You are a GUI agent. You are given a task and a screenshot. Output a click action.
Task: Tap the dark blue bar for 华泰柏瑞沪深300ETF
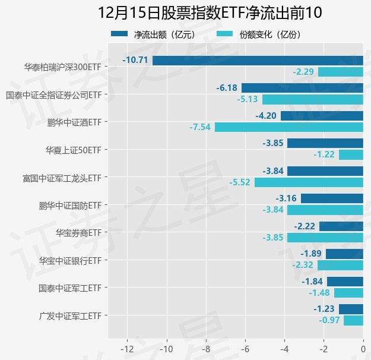258,60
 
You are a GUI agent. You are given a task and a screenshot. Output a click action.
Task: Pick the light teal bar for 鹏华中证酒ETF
288,127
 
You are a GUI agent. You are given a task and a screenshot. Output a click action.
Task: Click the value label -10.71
135,60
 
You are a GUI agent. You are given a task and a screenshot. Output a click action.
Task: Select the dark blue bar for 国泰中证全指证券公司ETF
302,88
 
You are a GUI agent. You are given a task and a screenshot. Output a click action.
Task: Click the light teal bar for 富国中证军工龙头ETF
309,182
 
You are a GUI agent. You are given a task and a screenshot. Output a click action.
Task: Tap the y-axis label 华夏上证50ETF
74,150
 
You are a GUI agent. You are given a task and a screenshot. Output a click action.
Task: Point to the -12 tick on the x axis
127,348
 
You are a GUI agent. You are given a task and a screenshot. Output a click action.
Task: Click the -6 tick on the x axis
245,348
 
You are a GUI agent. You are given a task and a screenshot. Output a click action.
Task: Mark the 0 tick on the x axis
363,348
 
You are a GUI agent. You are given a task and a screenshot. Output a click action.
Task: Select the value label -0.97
330,321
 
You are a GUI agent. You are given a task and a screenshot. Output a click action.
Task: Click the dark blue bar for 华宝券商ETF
341,226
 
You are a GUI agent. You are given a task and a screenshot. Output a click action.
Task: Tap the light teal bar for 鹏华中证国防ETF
325,210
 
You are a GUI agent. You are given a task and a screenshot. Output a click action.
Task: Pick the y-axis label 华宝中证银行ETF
70,260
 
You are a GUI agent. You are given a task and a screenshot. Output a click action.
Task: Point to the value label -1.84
312,282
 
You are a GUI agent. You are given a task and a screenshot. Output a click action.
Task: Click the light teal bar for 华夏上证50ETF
351,154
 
